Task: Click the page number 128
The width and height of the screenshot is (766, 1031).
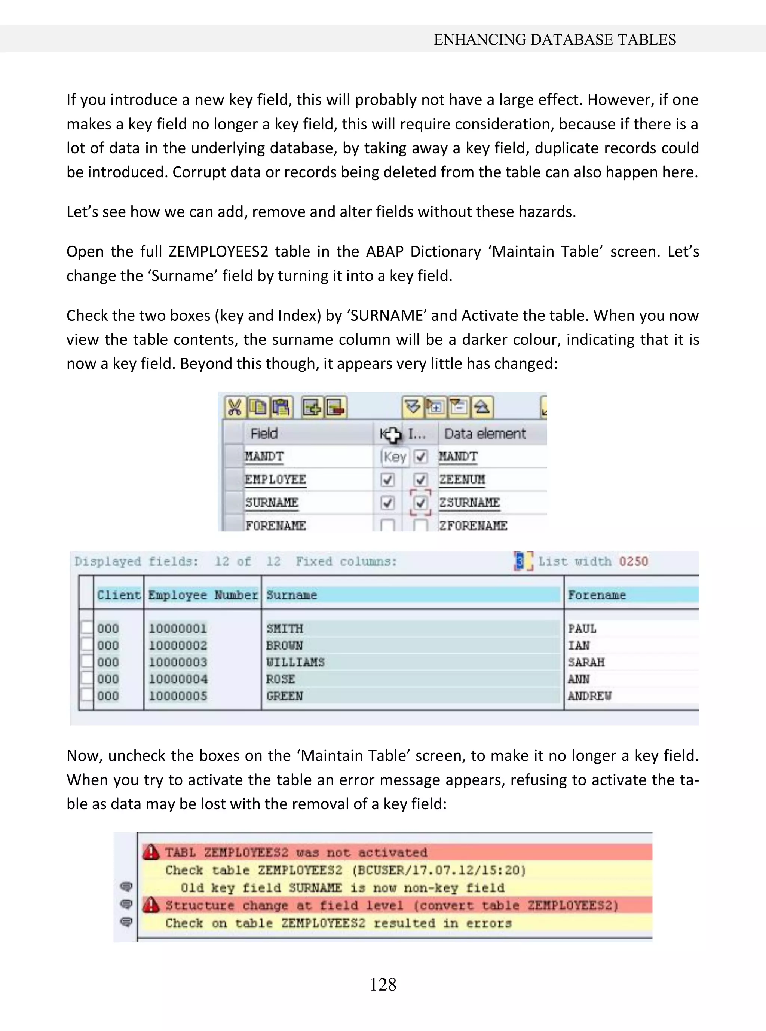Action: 383,984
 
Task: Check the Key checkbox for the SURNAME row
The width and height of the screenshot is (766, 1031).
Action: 387,503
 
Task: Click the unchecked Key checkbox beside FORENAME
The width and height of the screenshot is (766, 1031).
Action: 387,526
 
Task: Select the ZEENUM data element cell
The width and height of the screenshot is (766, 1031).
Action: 462,479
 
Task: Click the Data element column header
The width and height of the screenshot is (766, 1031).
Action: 484,433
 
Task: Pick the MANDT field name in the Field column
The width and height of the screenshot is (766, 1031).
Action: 264,457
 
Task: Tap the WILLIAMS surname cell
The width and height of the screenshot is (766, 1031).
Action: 295,662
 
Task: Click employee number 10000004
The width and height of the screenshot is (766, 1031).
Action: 178,679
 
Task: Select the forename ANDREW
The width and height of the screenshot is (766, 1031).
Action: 589,696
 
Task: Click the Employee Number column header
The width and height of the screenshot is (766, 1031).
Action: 203,595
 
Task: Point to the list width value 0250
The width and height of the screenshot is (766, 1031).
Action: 633,561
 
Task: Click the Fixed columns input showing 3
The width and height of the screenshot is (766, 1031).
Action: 520,561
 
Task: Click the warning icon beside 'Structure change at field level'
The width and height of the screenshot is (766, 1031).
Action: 151,905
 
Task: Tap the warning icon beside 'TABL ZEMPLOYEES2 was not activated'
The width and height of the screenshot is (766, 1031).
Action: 151,852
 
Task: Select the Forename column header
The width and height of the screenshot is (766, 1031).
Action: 597,595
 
